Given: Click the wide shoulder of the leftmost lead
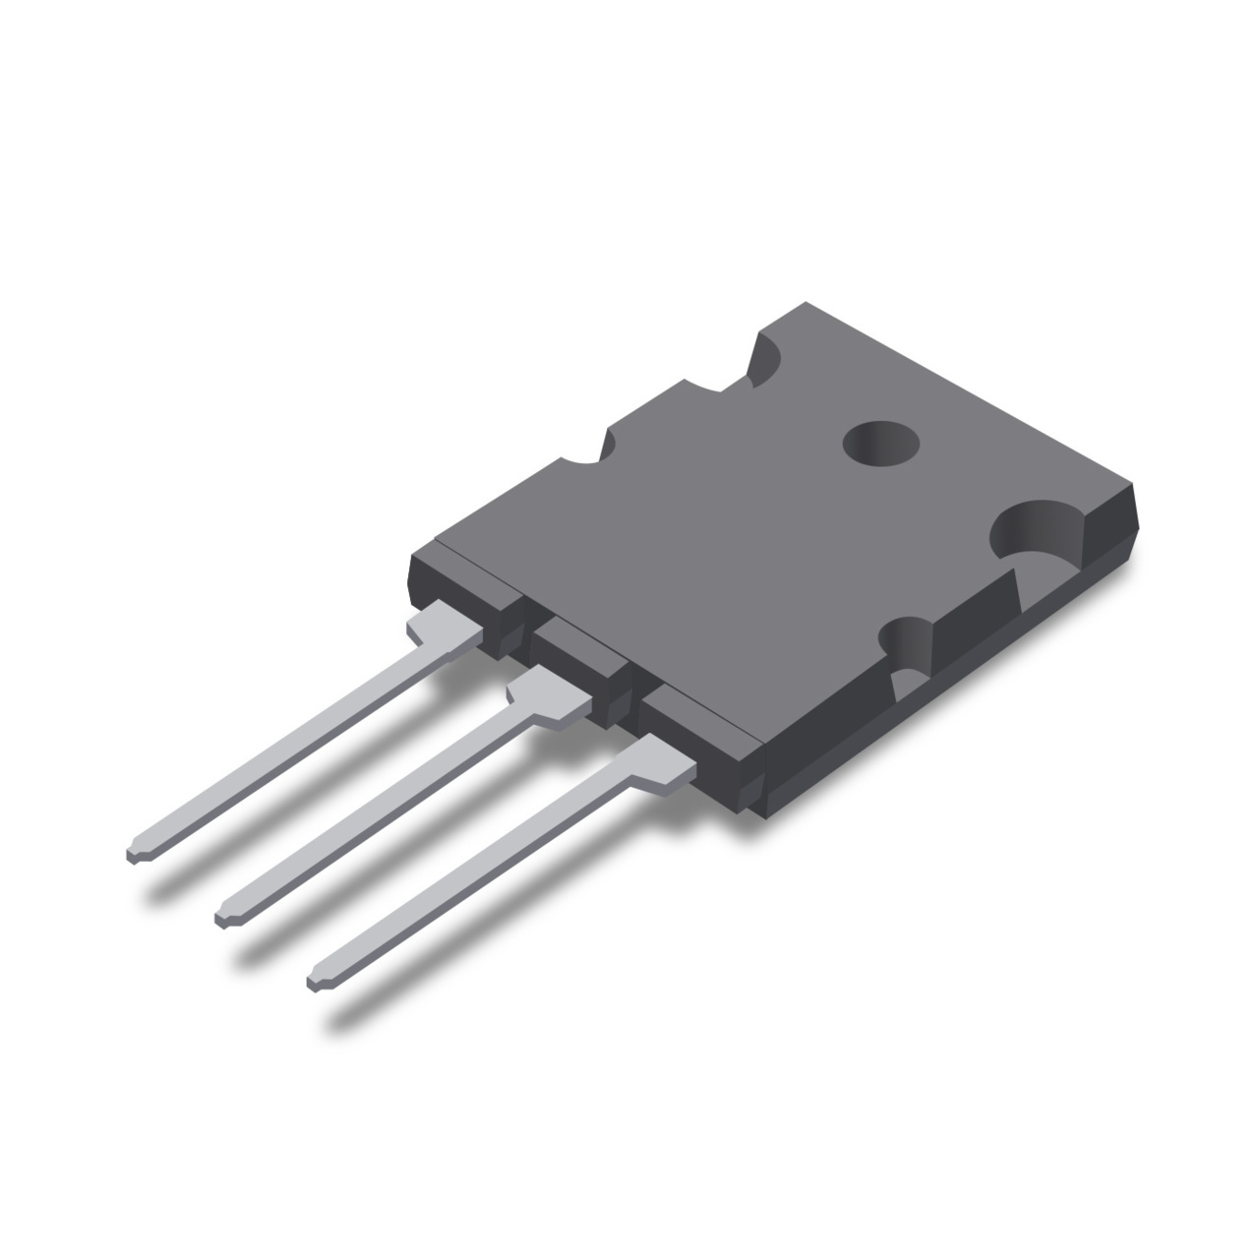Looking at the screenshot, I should tap(443, 629).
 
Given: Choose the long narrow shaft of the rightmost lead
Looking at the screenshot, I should tap(472, 875).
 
